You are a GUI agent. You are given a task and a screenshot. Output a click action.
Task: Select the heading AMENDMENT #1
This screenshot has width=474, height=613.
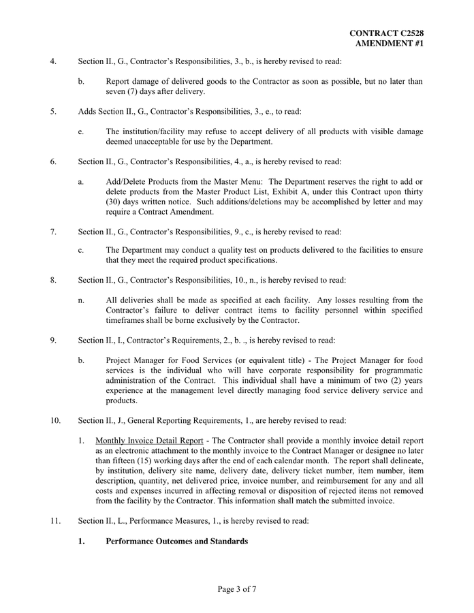[390, 43]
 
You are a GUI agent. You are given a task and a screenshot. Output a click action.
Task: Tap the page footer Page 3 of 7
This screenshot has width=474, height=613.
[237, 589]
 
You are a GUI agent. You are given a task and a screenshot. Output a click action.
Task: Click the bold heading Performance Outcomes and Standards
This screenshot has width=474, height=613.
[177, 541]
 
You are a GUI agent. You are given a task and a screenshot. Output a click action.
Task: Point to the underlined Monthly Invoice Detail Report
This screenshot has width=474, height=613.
[149, 440]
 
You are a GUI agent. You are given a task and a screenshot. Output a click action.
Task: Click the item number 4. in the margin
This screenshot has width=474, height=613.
[54, 61]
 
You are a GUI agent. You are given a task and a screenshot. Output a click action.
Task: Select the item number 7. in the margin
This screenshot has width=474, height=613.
[54, 232]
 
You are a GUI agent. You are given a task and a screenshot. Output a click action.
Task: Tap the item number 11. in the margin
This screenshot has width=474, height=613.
[56, 521]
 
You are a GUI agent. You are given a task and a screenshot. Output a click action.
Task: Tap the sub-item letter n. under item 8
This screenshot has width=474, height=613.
[81, 300]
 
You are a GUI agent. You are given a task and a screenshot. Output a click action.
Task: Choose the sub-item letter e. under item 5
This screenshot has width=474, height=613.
[81, 131]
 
